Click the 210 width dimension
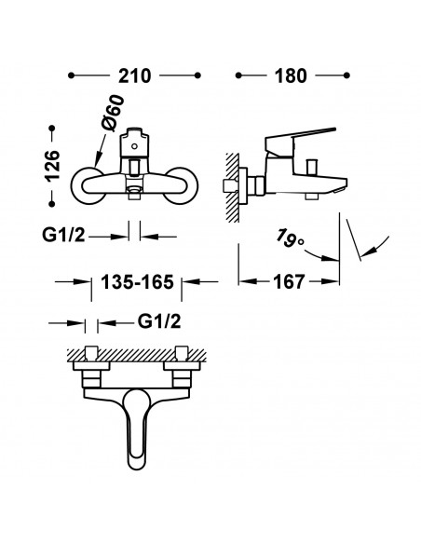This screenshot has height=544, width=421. pyautogui.click(x=134, y=75)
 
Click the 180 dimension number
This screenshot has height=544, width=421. pyautogui.click(x=291, y=75)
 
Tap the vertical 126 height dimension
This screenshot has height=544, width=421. pyautogui.click(x=52, y=166)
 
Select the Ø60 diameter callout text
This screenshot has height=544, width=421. pyautogui.click(x=113, y=113)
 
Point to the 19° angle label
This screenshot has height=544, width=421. pyautogui.click(x=290, y=238)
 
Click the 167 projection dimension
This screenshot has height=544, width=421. pyautogui.click(x=289, y=281)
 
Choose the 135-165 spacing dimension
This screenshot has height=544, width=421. pyautogui.click(x=137, y=281)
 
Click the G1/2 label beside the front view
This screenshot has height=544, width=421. pyautogui.click(x=63, y=235)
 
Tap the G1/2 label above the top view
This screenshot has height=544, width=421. pyautogui.click(x=159, y=321)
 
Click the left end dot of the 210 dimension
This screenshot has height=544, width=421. pyautogui.click(x=72, y=75)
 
